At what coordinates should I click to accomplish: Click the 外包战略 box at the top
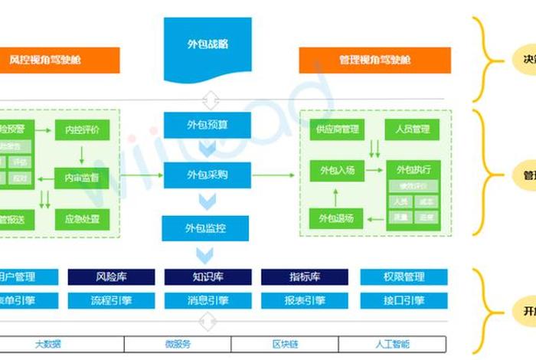point(207,44)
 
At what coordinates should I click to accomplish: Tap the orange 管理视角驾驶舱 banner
point(374,60)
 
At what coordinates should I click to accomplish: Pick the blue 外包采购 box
point(206,175)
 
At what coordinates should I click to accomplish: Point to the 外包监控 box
point(206,227)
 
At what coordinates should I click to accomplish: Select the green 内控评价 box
point(82,129)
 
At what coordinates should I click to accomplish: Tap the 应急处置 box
point(82,219)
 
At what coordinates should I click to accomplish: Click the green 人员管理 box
point(412,129)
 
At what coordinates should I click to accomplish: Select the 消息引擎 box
point(208,301)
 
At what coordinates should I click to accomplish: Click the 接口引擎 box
point(404,301)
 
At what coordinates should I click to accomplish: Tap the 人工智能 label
point(393,344)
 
